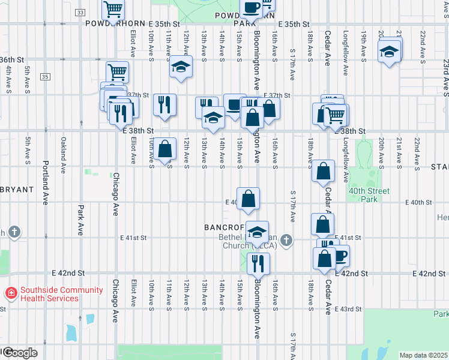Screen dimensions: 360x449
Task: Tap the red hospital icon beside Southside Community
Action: pos(11,293)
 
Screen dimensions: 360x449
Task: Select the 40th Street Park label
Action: pos(369,195)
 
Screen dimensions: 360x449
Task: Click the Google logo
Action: pos(19,353)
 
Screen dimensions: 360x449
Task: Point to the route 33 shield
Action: pos(81,13)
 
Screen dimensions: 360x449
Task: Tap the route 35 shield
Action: pos(46,77)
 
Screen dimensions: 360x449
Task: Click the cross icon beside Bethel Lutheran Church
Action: pos(286,241)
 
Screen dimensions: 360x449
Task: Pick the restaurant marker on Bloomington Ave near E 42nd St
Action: pos(258,263)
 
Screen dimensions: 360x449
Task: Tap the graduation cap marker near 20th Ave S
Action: pos(390,52)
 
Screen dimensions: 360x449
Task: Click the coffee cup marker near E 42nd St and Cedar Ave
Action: pos(340,256)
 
